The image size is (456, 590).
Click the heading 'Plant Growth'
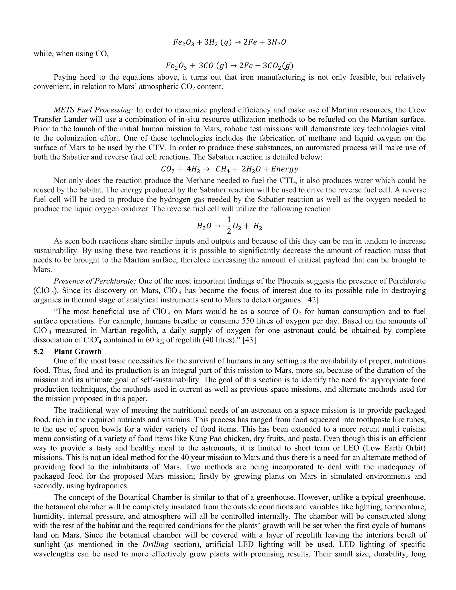click(77, 352)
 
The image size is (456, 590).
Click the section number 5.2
click(39, 352)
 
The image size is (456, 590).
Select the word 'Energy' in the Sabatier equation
click(285, 169)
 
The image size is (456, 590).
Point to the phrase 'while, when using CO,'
click(71, 53)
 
